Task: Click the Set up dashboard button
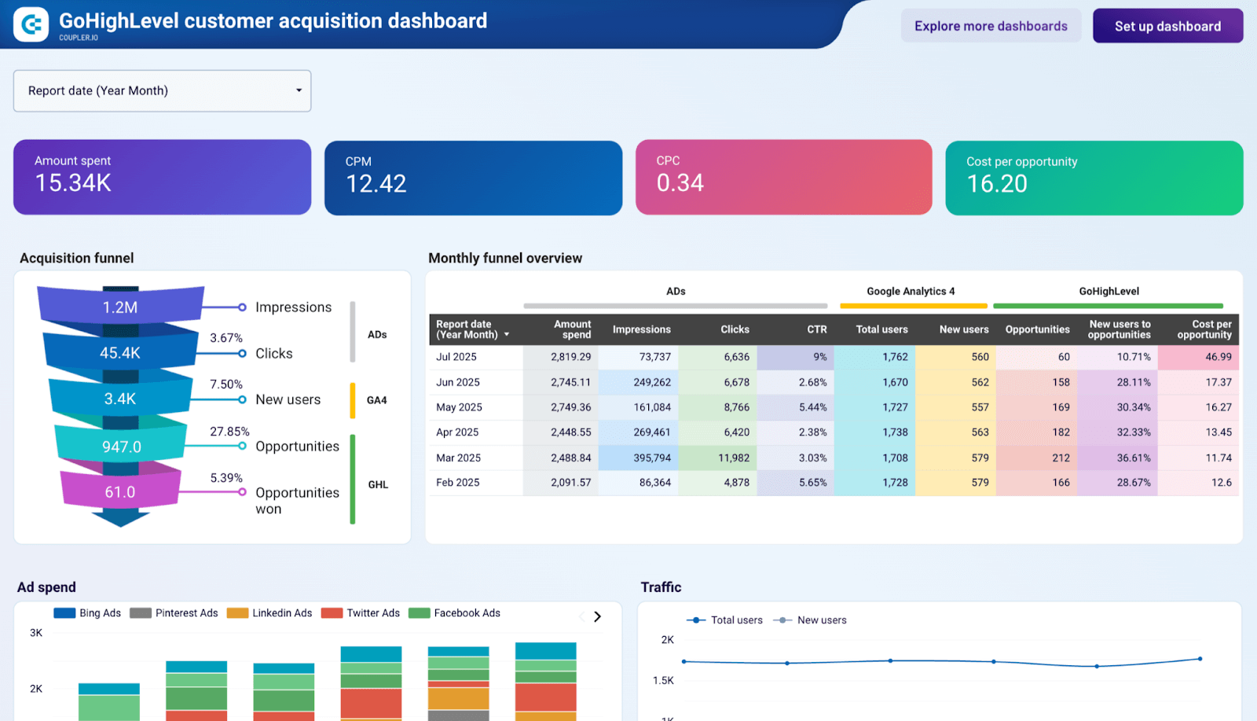pyautogui.click(x=1167, y=26)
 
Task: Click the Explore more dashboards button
pyautogui.click(x=991, y=26)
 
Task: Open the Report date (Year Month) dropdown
pyautogui.click(x=162, y=90)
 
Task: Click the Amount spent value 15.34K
pyautogui.click(x=73, y=183)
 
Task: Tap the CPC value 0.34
pyautogui.click(x=680, y=183)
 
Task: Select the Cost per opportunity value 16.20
pyautogui.click(x=997, y=184)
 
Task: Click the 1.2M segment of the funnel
pyautogui.click(x=120, y=307)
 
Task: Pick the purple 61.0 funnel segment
pyautogui.click(x=120, y=492)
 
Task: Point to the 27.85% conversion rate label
pyautogui.click(x=229, y=432)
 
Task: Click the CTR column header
pyautogui.click(x=816, y=329)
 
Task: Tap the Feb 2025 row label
pyautogui.click(x=458, y=483)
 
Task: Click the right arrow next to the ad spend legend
pyautogui.click(x=597, y=616)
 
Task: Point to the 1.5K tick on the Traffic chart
pyautogui.click(x=663, y=681)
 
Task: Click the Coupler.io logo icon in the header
pyautogui.click(x=31, y=25)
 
